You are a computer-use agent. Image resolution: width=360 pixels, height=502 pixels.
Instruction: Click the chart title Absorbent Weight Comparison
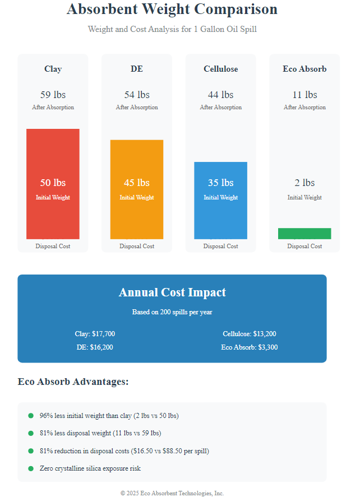point(172,10)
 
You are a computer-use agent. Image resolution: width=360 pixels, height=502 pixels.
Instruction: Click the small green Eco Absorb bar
point(304,234)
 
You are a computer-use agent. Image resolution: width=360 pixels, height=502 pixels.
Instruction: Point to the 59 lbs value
point(53,95)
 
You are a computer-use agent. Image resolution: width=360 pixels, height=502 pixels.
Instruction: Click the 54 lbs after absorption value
point(137,95)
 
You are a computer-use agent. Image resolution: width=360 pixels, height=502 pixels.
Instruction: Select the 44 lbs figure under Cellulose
point(220,95)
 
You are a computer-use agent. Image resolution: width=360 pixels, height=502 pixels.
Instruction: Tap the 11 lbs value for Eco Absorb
point(304,95)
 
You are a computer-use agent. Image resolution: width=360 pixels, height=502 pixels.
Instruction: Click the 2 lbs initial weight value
point(304,183)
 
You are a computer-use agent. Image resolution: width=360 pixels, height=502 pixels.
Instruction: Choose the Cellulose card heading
point(220,69)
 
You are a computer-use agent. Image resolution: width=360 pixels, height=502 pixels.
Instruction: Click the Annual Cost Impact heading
point(172,292)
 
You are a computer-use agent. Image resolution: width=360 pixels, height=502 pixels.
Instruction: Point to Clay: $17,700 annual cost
point(95,334)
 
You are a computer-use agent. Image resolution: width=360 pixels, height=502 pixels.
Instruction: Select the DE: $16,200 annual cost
point(95,347)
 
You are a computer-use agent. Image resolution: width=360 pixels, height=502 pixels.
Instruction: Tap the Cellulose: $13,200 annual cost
point(249,334)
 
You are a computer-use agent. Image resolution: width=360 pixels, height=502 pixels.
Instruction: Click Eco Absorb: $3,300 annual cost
point(249,347)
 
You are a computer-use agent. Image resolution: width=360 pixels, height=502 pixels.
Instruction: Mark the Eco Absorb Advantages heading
point(73,382)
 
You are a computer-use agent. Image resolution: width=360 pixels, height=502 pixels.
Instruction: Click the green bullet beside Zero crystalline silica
point(31,468)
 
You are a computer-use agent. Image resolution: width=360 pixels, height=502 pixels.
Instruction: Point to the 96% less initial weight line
point(109,416)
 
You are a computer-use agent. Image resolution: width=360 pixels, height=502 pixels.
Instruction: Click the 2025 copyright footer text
point(172,493)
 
